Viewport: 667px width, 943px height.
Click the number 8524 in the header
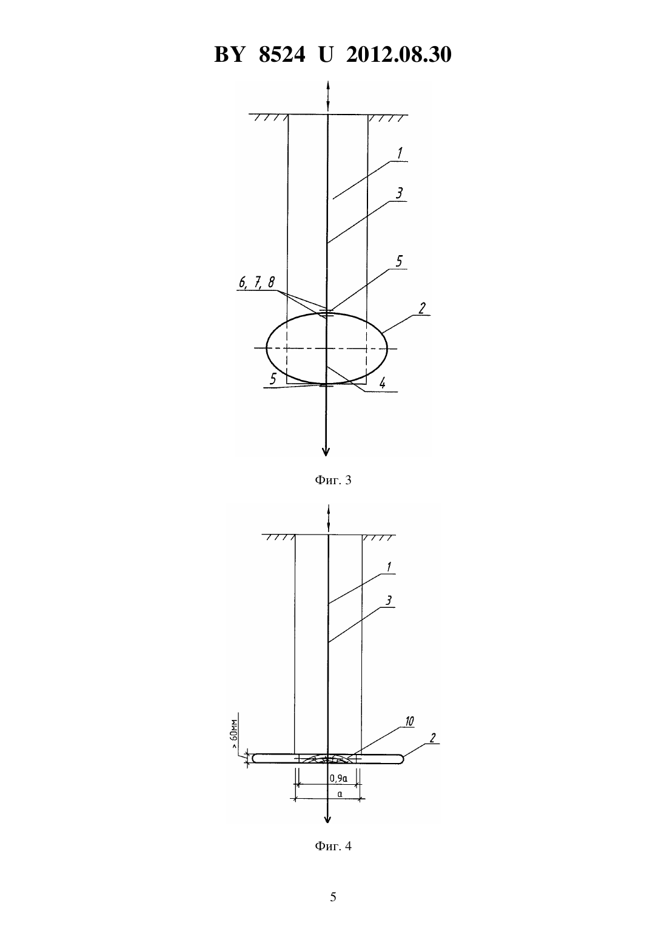282,55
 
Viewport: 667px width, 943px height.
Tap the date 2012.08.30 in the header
399,55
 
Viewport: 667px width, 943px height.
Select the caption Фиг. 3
333,480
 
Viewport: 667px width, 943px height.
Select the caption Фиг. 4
333,846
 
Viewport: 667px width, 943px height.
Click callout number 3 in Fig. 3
399,193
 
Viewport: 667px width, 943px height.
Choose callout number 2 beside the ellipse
421,308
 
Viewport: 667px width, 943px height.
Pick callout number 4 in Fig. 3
382,383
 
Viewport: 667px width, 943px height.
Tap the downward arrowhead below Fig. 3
326,452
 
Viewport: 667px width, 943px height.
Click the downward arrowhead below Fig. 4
327,819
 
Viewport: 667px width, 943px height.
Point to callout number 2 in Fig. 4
432,738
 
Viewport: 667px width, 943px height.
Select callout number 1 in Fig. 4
389,567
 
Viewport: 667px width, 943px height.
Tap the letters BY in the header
229,55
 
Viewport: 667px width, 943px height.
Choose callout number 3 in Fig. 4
389,600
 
